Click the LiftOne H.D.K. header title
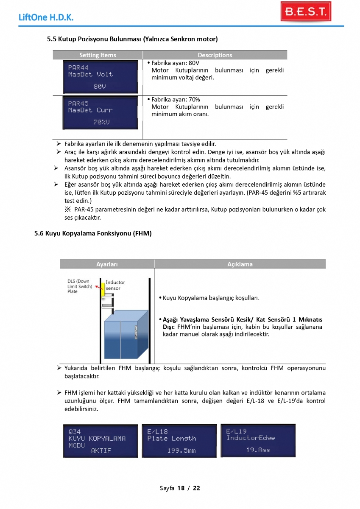(x=46, y=18)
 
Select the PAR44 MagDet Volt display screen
(x=100, y=77)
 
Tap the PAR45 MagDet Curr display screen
(x=100, y=113)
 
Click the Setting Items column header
(x=98, y=55)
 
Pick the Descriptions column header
(x=215, y=55)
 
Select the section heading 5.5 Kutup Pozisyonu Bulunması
(x=132, y=39)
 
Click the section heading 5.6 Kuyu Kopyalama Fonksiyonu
(x=93, y=233)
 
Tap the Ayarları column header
(x=107, y=264)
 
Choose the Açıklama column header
(x=240, y=264)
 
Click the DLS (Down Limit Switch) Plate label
(x=79, y=286)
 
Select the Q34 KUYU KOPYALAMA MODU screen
(x=100, y=441)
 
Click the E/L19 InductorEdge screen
(x=258, y=440)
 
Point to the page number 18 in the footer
(x=181, y=488)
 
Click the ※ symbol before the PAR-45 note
(x=67, y=210)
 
